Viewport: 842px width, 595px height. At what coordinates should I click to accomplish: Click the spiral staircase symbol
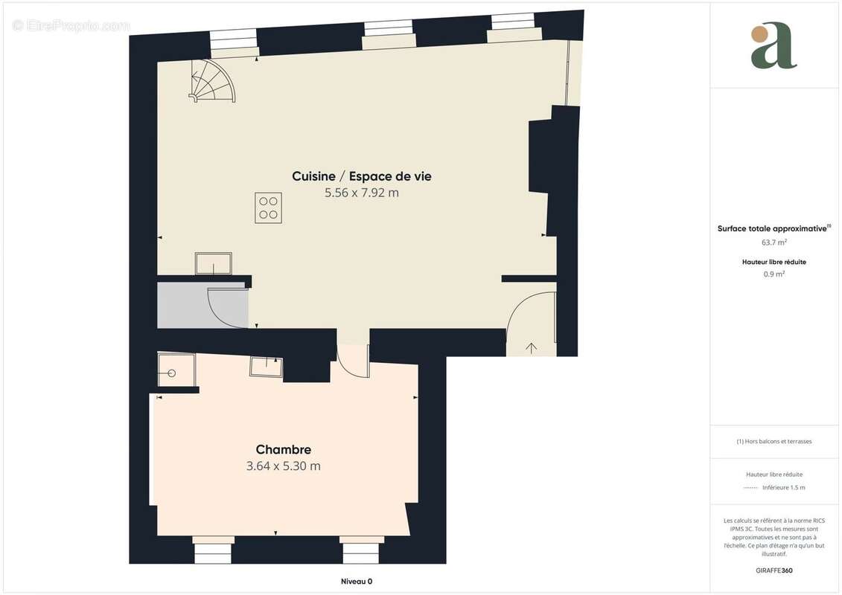pyautogui.click(x=214, y=81)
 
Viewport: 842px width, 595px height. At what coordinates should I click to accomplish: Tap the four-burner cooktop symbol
pyautogui.click(x=268, y=208)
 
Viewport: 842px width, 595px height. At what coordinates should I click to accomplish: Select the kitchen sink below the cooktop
pyautogui.click(x=213, y=264)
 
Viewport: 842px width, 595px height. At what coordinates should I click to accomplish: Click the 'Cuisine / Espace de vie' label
pyautogui.click(x=361, y=176)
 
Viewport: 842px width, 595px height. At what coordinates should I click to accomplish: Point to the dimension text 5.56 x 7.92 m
pyautogui.click(x=361, y=193)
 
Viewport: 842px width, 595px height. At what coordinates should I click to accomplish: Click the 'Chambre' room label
pyautogui.click(x=283, y=449)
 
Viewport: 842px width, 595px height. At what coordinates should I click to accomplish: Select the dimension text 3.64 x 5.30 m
pyautogui.click(x=283, y=466)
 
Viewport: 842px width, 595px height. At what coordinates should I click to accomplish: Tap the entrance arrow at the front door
pyautogui.click(x=532, y=347)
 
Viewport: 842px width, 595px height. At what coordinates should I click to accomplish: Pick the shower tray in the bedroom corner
pyautogui.click(x=176, y=370)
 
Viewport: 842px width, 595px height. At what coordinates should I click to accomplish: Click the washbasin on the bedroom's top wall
pyautogui.click(x=266, y=366)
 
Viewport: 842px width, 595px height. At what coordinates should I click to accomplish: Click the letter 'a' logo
pyautogui.click(x=774, y=45)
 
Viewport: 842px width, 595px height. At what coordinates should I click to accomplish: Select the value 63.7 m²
pyautogui.click(x=774, y=242)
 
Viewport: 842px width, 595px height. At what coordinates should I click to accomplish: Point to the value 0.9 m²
pyautogui.click(x=774, y=274)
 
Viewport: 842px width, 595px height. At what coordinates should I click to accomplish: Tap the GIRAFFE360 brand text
pyautogui.click(x=774, y=570)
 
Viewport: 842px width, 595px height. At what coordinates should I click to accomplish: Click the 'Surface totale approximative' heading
pyautogui.click(x=773, y=228)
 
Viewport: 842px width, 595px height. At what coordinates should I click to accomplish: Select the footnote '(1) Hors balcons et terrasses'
pyautogui.click(x=774, y=441)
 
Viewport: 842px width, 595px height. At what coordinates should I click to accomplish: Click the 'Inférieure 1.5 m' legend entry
pyautogui.click(x=783, y=488)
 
